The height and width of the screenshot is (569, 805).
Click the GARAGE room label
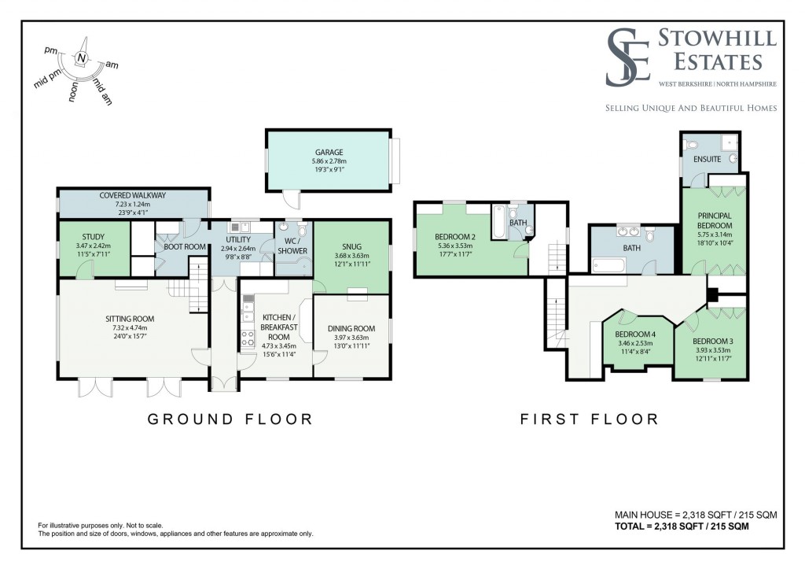pos(329,153)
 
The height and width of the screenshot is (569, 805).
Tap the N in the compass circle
pos(82,58)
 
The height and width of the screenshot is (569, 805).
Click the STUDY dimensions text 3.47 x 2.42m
pos(94,246)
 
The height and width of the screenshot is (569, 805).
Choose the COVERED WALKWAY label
pos(132,195)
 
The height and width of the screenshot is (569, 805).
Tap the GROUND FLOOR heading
pos(230,419)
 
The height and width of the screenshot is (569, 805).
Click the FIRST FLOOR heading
pos(589,419)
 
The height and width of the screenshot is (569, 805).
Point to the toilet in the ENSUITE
pos(691,145)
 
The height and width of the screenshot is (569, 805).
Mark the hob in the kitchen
pos(247,338)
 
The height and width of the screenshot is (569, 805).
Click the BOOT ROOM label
pos(185,246)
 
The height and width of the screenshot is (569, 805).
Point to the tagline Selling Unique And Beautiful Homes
pos(690,108)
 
